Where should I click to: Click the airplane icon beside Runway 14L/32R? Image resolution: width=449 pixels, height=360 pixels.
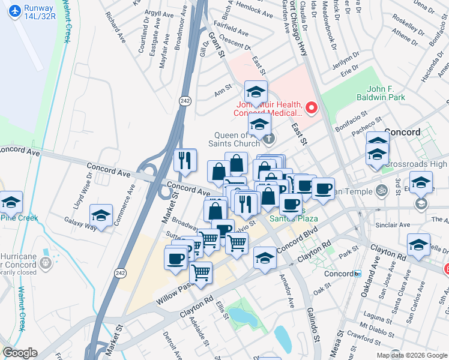tap(13, 11)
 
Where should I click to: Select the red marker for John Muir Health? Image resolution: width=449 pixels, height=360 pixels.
tap(312, 108)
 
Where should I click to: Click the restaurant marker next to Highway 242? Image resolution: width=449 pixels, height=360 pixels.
tap(185, 160)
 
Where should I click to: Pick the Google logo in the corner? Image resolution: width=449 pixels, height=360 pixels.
tap(19, 353)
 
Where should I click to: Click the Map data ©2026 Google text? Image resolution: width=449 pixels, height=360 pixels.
tap(412, 355)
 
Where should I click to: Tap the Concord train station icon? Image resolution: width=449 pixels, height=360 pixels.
tap(357, 274)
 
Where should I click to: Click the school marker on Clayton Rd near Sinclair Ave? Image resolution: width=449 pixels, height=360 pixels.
tap(418, 244)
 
